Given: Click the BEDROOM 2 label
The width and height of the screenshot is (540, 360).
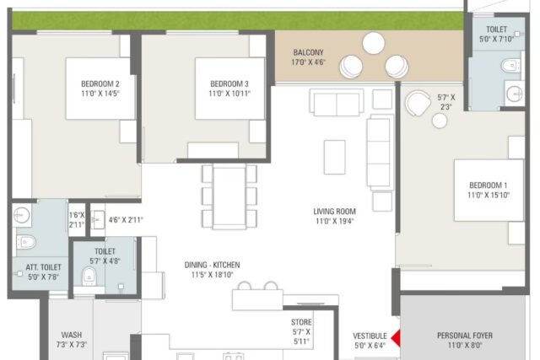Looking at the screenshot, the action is coord(100,83).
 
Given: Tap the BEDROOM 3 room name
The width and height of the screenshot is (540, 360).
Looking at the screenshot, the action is coord(229,83).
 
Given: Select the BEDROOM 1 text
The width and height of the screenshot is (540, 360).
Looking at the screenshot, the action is coord(489,185).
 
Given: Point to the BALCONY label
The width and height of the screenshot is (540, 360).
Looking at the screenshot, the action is coord(309,52).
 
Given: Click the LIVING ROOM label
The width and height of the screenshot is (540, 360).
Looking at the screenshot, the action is coord(334,212).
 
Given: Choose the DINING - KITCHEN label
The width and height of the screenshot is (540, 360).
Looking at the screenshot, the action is coord(212,265).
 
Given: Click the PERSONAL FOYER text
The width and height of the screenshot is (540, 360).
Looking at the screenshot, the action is coord(465,336).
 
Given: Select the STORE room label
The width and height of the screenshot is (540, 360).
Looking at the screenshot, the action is coord(301,323).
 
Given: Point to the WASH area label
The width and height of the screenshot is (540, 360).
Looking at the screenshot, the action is coord(72,335).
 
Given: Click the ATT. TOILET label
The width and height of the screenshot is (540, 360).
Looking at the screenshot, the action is coord(43,267).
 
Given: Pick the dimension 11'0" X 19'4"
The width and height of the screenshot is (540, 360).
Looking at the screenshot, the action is coord(335,221).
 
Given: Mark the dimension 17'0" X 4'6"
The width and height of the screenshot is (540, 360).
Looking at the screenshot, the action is coord(309,62).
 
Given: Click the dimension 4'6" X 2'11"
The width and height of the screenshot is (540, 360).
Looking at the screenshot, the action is coord(126,219).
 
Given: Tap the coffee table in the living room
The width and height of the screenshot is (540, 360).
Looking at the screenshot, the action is coord(334,157).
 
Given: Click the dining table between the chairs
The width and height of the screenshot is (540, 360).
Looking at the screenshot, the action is coord(229,196).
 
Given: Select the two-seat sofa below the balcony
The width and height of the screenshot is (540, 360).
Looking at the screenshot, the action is coord(337,103).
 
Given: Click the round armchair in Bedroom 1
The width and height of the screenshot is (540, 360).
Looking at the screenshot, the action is coord(418,104).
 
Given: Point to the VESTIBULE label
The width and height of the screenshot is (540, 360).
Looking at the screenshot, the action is coord(370,336).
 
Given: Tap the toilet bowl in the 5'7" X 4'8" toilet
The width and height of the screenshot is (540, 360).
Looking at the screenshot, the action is coord(89,277).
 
